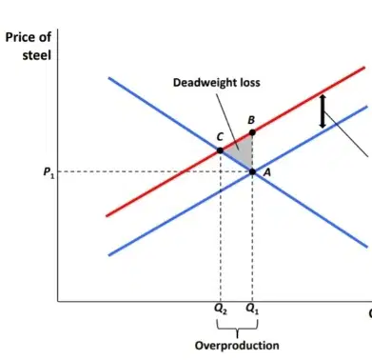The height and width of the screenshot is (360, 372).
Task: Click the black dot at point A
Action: coord(252,171)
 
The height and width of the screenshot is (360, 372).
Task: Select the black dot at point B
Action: coord(252,132)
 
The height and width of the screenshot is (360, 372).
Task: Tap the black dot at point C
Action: coord(220,150)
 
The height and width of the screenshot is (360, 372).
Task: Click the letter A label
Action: coord(267,172)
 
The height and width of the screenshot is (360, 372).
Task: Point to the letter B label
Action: coord(251,120)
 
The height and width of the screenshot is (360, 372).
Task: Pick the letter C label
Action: coord(220,137)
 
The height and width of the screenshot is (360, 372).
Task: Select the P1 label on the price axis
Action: coord(49,172)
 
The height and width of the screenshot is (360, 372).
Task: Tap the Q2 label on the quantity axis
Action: coord(221,309)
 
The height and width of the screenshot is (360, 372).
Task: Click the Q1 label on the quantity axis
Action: coord(252,309)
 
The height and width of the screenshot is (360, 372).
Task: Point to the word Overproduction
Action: coord(237,346)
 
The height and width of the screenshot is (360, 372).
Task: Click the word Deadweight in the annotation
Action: coord(201,83)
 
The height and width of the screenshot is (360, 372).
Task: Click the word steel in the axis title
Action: coord(37,55)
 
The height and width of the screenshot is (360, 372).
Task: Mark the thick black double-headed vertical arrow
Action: coord(323,111)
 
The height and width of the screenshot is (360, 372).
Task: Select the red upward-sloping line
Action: coord(236,142)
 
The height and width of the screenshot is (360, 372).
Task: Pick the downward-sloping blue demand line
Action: coord(238,162)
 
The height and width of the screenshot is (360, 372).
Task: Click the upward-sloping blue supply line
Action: coord(238,181)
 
